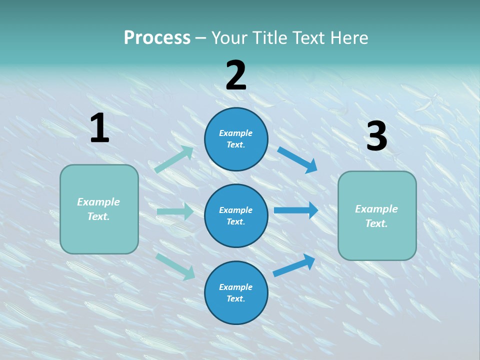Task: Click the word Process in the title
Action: pyautogui.click(x=157, y=37)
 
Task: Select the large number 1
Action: pyautogui.click(x=99, y=128)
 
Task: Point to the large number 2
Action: pyautogui.click(x=236, y=75)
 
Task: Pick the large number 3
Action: pyautogui.click(x=376, y=136)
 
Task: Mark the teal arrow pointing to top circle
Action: pyautogui.click(x=174, y=159)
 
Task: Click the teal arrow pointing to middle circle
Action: pyautogui.click(x=175, y=211)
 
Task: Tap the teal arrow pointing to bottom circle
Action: pyautogui.click(x=175, y=266)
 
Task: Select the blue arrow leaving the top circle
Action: pyautogui.click(x=297, y=160)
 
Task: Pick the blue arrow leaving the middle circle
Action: pyautogui.click(x=296, y=210)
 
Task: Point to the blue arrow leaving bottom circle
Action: pyautogui.click(x=294, y=265)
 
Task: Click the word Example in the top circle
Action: pyautogui.click(x=236, y=133)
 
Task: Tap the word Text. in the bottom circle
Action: pyautogui.click(x=236, y=298)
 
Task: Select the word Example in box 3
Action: pyautogui.click(x=376, y=209)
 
